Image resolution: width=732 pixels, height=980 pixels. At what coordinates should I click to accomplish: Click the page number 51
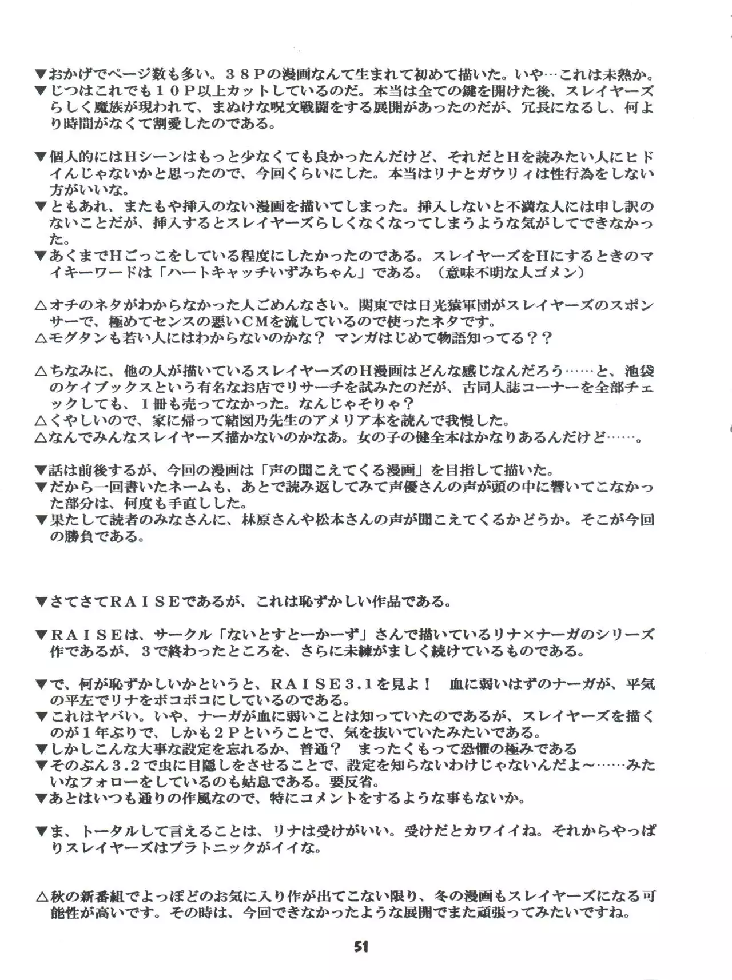point(361,947)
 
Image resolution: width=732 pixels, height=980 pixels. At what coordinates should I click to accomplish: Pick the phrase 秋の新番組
point(83,897)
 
